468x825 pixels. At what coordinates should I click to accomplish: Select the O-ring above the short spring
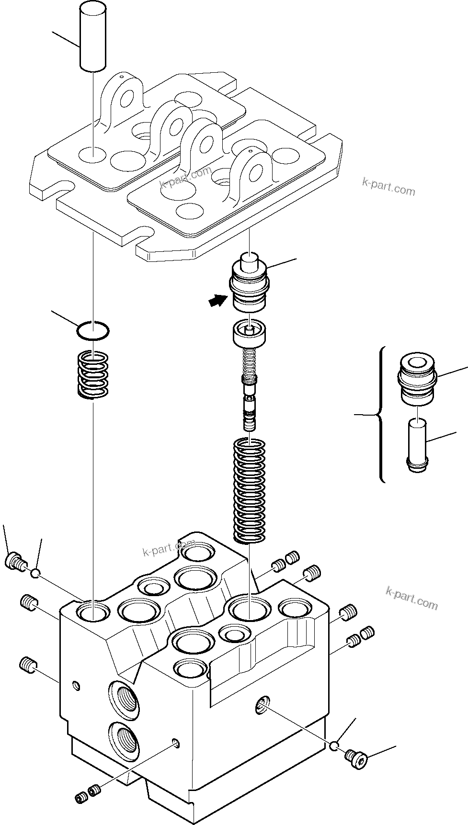pos(93,330)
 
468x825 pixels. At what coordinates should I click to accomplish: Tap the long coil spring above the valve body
pos(249,491)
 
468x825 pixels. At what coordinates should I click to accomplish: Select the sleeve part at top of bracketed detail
pos(417,378)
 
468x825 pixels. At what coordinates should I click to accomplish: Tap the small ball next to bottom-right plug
pos(335,745)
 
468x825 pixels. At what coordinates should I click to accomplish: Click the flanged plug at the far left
pos(15,561)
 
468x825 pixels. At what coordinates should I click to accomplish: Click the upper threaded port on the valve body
pos(123,699)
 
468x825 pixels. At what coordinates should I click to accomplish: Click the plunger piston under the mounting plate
pos(249,285)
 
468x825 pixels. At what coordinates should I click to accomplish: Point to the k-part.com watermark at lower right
pos(411,599)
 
